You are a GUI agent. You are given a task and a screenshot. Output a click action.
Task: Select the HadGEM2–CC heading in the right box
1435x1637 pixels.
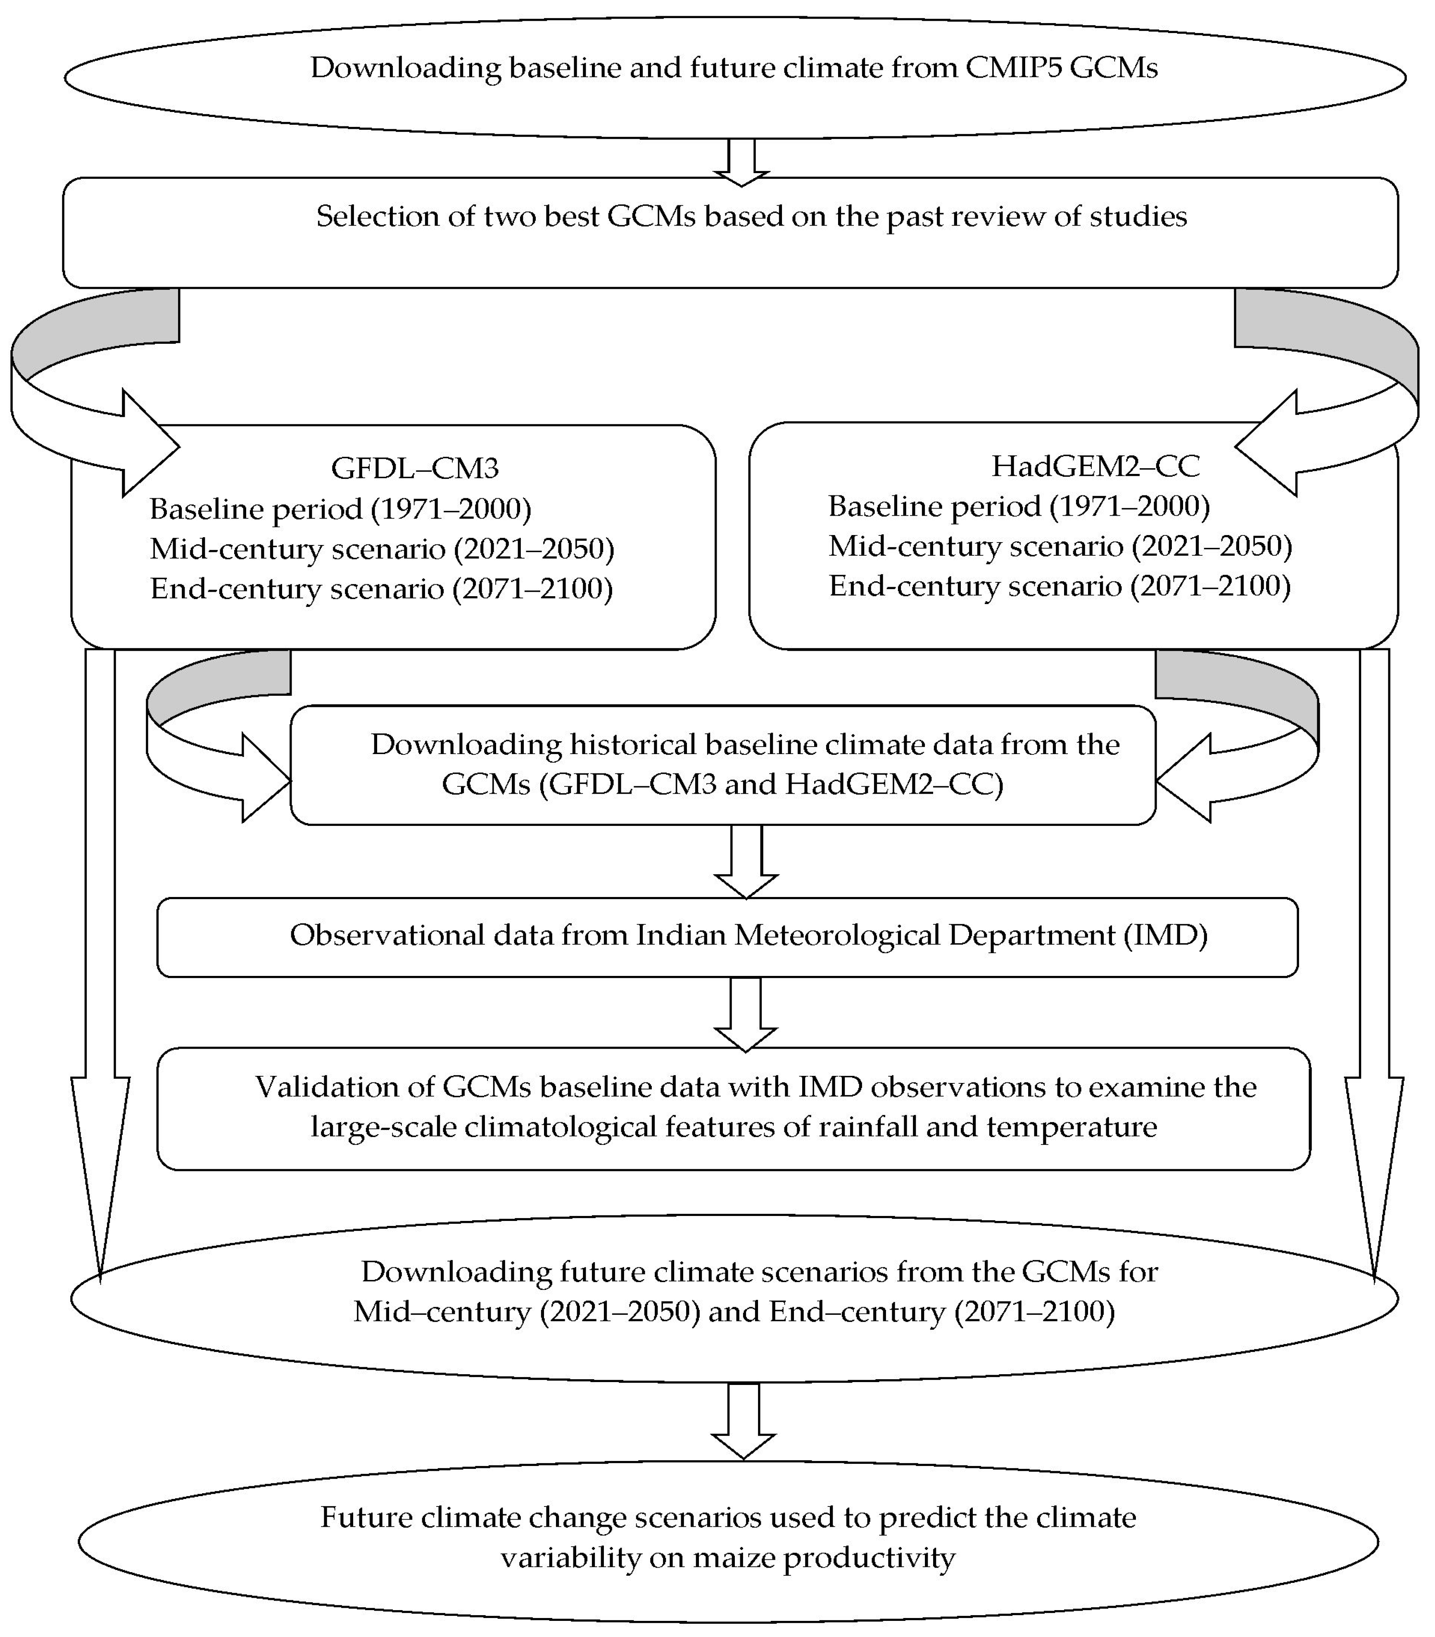click(x=1095, y=465)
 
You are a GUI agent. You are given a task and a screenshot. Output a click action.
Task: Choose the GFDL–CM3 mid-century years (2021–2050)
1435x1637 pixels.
click(x=534, y=549)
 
